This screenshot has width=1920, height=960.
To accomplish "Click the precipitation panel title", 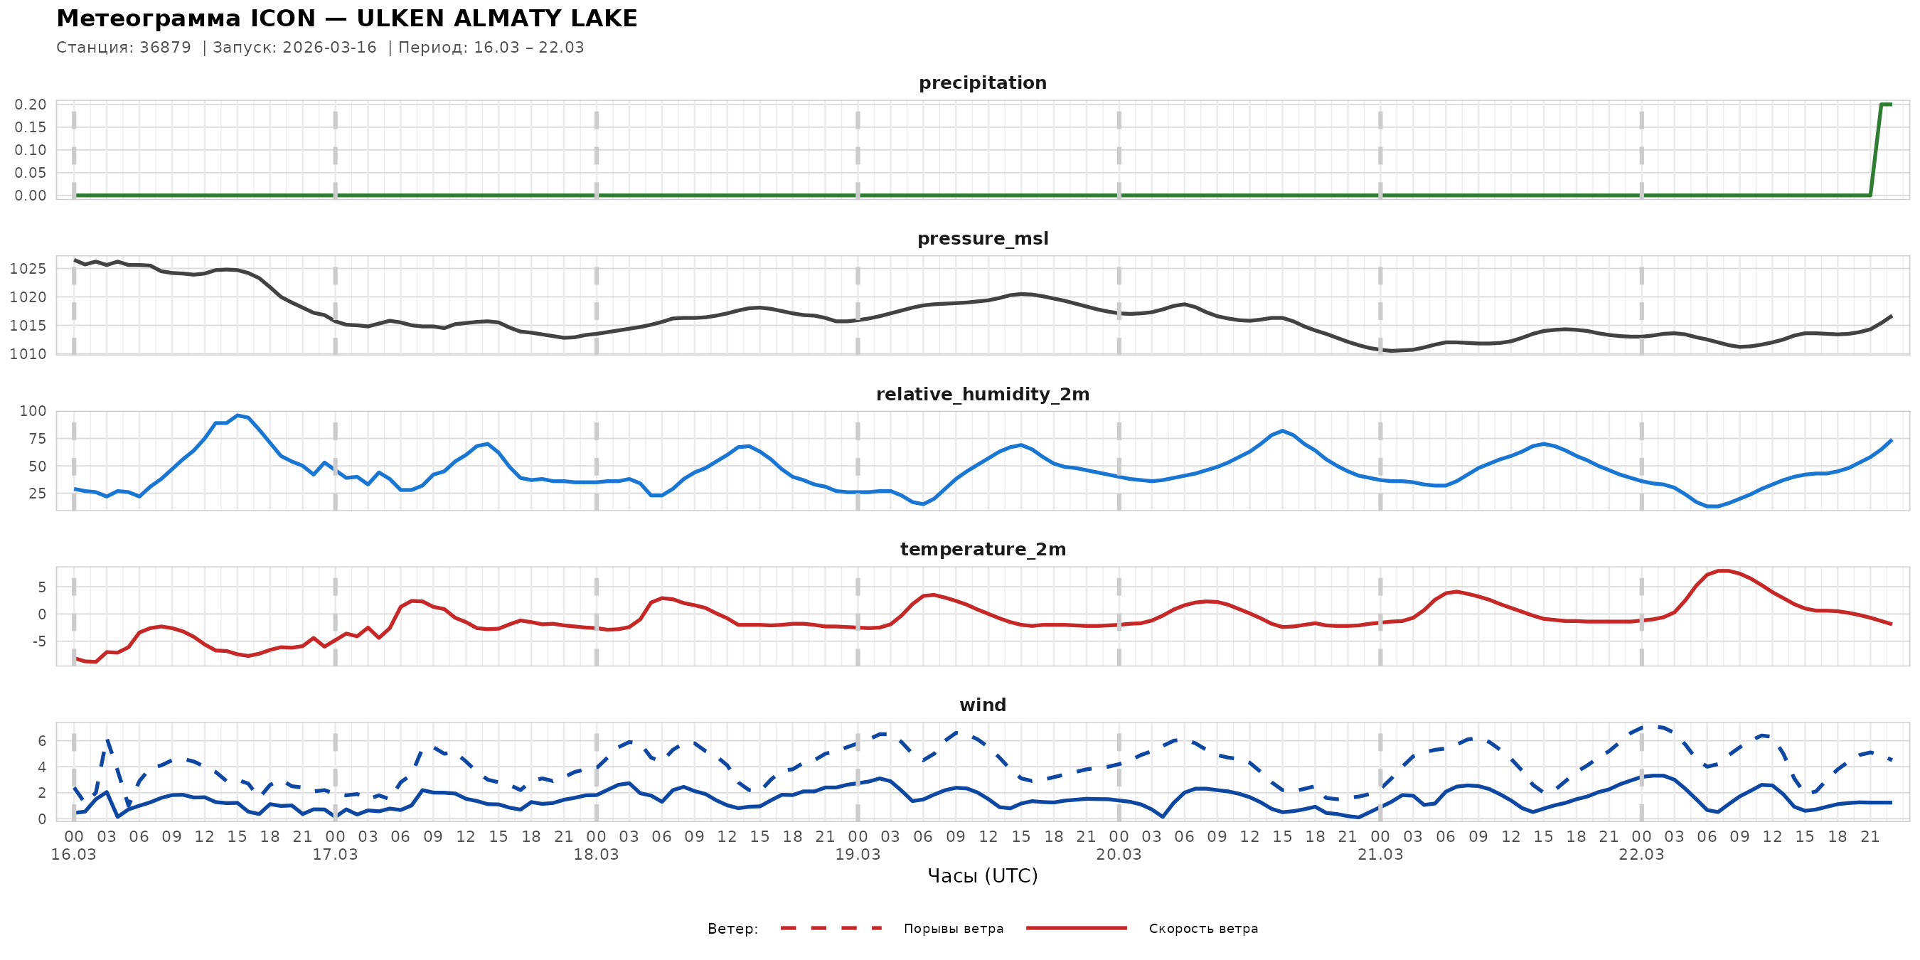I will [x=982, y=82].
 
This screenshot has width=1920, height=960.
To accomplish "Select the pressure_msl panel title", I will [x=982, y=238].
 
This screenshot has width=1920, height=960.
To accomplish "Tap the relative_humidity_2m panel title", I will [x=982, y=394].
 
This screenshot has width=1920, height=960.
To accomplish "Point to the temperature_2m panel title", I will [x=982, y=549].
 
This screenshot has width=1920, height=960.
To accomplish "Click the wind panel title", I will [x=982, y=705].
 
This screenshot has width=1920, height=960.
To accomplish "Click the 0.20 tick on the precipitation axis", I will [x=31, y=105].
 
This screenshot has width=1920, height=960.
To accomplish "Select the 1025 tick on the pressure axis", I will [x=28, y=269].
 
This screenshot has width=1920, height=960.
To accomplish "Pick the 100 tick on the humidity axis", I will [x=33, y=412].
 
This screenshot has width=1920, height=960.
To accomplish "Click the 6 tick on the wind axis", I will [x=42, y=741].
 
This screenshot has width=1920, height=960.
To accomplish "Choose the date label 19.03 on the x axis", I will [x=857, y=855].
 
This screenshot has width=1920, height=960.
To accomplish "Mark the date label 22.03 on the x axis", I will [x=1641, y=855].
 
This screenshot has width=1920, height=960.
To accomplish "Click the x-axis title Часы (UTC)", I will [x=982, y=876].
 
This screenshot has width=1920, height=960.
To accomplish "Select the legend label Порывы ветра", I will [x=954, y=929].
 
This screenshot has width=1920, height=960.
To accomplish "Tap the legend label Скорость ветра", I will [x=1203, y=929].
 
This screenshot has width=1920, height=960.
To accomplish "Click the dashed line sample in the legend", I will [x=831, y=929].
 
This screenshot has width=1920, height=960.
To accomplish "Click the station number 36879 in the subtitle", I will [x=166, y=48].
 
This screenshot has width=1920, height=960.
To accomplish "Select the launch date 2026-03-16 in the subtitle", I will [x=329, y=48].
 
